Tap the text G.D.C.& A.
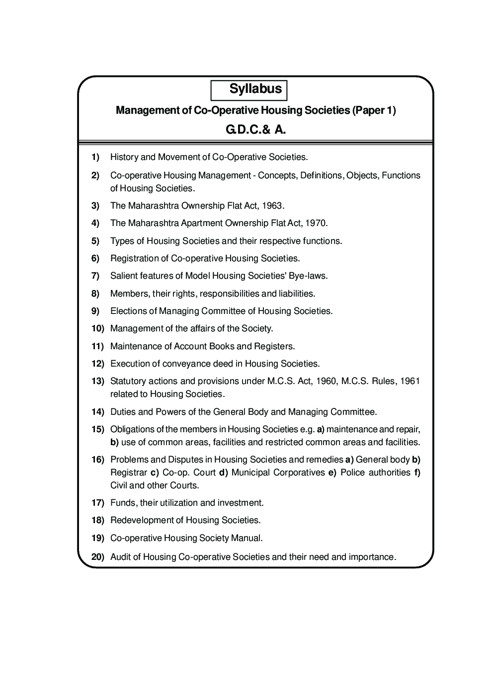tap(256, 130)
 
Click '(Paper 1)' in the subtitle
tap(374, 110)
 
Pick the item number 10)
tap(97, 328)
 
